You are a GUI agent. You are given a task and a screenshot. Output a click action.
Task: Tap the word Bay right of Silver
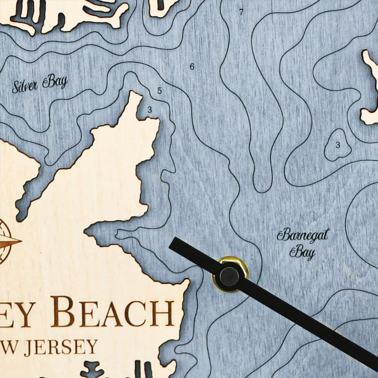(x=56, y=82)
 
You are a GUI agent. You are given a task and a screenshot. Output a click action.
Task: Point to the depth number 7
(x=241, y=12)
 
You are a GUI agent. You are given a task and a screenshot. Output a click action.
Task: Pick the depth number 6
(x=192, y=67)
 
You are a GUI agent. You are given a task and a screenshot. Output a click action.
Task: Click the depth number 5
(x=160, y=90)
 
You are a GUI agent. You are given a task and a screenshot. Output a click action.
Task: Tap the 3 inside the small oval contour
(x=337, y=145)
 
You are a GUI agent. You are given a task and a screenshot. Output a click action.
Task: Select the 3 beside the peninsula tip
(x=150, y=110)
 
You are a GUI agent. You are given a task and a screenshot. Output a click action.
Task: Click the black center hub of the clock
(x=229, y=275)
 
